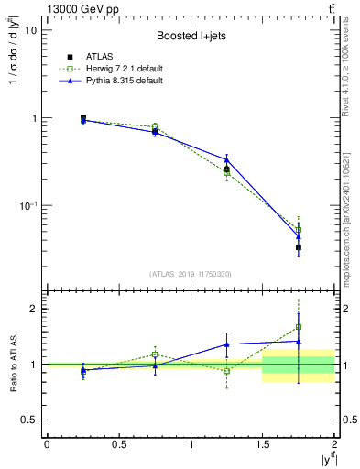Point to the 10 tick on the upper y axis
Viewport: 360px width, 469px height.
coord(31,30)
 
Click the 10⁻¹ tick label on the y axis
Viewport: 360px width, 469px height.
coord(27,206)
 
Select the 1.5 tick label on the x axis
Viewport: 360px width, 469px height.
coord(263,444)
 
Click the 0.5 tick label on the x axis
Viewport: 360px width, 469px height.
coord(118,444)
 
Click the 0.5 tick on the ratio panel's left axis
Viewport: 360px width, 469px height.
coord(27,420)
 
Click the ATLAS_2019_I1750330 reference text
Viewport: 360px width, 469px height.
coord(190,273)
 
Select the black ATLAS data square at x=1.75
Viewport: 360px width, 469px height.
coord(299,247)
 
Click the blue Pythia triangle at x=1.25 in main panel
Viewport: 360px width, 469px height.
coord(226,160)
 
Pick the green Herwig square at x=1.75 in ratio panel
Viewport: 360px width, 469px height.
coord(299,326)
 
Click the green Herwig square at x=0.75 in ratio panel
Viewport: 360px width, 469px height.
coord(155,354)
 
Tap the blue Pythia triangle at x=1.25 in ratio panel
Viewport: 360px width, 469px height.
coord(226,344)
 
